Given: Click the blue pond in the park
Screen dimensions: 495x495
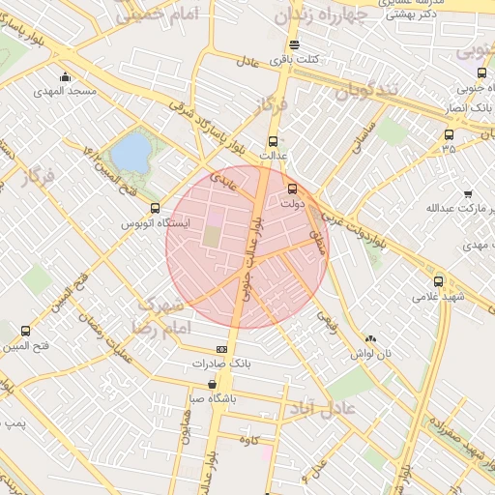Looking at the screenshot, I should (132, 152).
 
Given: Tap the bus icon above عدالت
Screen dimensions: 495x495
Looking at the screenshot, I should (273, 140).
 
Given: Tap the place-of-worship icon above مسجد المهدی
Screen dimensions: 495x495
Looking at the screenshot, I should (65, 76).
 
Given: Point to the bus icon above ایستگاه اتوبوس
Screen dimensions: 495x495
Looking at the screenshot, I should (155, 208).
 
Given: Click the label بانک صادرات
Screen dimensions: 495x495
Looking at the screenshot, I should (221, 364).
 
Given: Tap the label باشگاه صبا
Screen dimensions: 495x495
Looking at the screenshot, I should (212, 397).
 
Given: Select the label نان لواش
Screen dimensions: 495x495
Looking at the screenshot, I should (372, 354).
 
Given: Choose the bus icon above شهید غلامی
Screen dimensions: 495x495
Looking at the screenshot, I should (438, 281).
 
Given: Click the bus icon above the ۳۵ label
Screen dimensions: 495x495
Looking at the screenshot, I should (449, 134).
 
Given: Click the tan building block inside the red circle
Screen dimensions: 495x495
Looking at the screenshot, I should (211, 235).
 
